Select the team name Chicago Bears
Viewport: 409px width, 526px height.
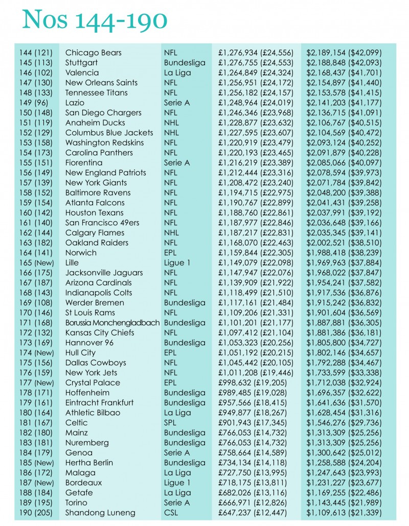coord(93,53)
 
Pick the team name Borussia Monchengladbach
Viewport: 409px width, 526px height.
coord(112,323)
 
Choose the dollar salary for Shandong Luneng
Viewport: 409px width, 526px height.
coord(344,513)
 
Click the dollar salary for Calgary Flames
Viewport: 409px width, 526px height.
coord(344,233)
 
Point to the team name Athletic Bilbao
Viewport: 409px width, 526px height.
coord(93,413)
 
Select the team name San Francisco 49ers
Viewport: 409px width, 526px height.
coord(102,223)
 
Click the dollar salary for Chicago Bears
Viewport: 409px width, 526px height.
coord(344,53)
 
